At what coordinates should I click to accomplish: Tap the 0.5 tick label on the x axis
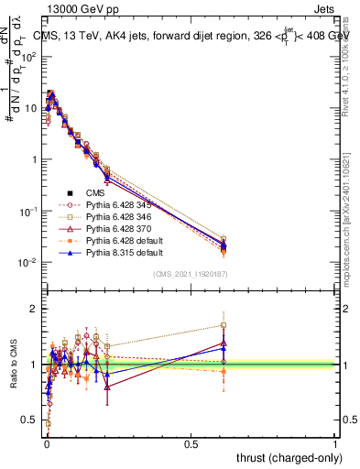[x=191, y=443]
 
